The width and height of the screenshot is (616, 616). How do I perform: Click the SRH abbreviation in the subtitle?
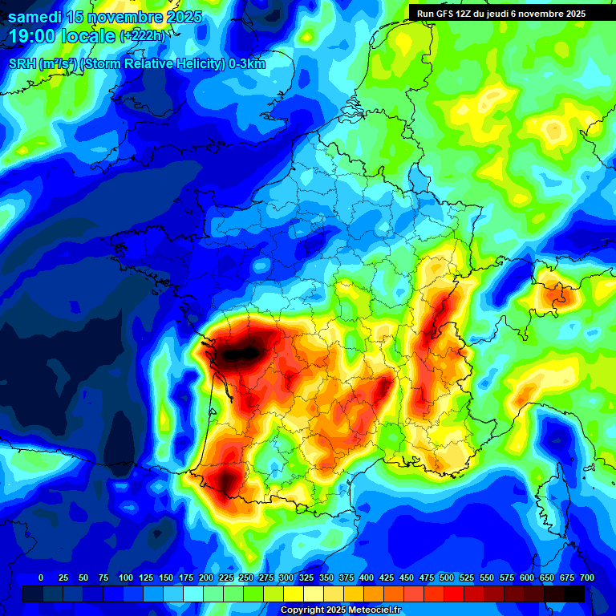click(x=22, y=64)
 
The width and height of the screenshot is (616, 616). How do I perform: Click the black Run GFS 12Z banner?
click(x=502, y=13)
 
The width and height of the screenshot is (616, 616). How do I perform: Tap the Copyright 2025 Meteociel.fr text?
click(x=341, y=610)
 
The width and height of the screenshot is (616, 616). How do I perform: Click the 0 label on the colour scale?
click(x=41, y=577)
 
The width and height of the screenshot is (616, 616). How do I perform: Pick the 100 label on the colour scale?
click(x=125, y=577)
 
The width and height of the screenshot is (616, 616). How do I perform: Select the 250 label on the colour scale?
click(x=245, y=577)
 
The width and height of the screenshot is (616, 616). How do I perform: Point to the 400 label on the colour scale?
click(x=367, y=577)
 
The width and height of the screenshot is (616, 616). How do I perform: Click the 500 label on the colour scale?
click(x=447, y=577)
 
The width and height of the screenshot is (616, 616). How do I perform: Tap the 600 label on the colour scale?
click(x=527, y=577)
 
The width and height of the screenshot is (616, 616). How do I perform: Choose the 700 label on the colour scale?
click(x=587, y=577)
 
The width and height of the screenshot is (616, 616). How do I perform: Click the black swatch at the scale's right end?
click(x=574, y=594)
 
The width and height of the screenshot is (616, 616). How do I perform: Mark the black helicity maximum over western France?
click(x=245, y=351)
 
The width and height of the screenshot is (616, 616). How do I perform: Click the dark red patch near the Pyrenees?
click(x=227, y=481)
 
